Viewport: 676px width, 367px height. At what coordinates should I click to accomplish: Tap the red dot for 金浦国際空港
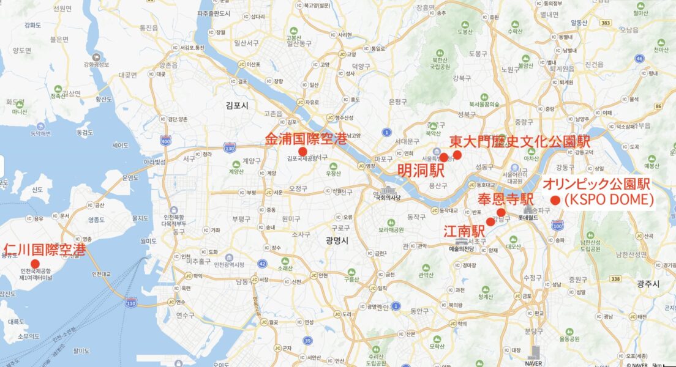(x=302, y=152)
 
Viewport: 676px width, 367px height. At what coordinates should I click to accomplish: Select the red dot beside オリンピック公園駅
(x=555, y=200)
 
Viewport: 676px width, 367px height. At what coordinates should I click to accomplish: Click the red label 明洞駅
(x=421, y=170)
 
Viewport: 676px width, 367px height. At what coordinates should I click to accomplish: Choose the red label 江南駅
(x=464, y=231)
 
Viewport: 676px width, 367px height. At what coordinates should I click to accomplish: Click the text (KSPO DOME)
(x=609, y=199)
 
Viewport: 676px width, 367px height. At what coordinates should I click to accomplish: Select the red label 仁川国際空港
(x=45, y=250)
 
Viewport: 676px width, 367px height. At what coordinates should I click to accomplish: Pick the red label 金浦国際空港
(x=306, y=139)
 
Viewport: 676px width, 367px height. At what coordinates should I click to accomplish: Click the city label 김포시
(x=236, y=106)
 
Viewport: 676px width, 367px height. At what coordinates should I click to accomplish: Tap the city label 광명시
(x=337, y=240)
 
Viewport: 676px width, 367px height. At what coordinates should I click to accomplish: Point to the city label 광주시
(x=648, y=284)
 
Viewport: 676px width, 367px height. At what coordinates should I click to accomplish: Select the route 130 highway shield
(x=230, y=147)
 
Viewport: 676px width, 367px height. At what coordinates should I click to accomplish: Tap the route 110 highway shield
(x=130, y=303)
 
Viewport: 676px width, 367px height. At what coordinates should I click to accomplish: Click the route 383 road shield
(x=606, y=23)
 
